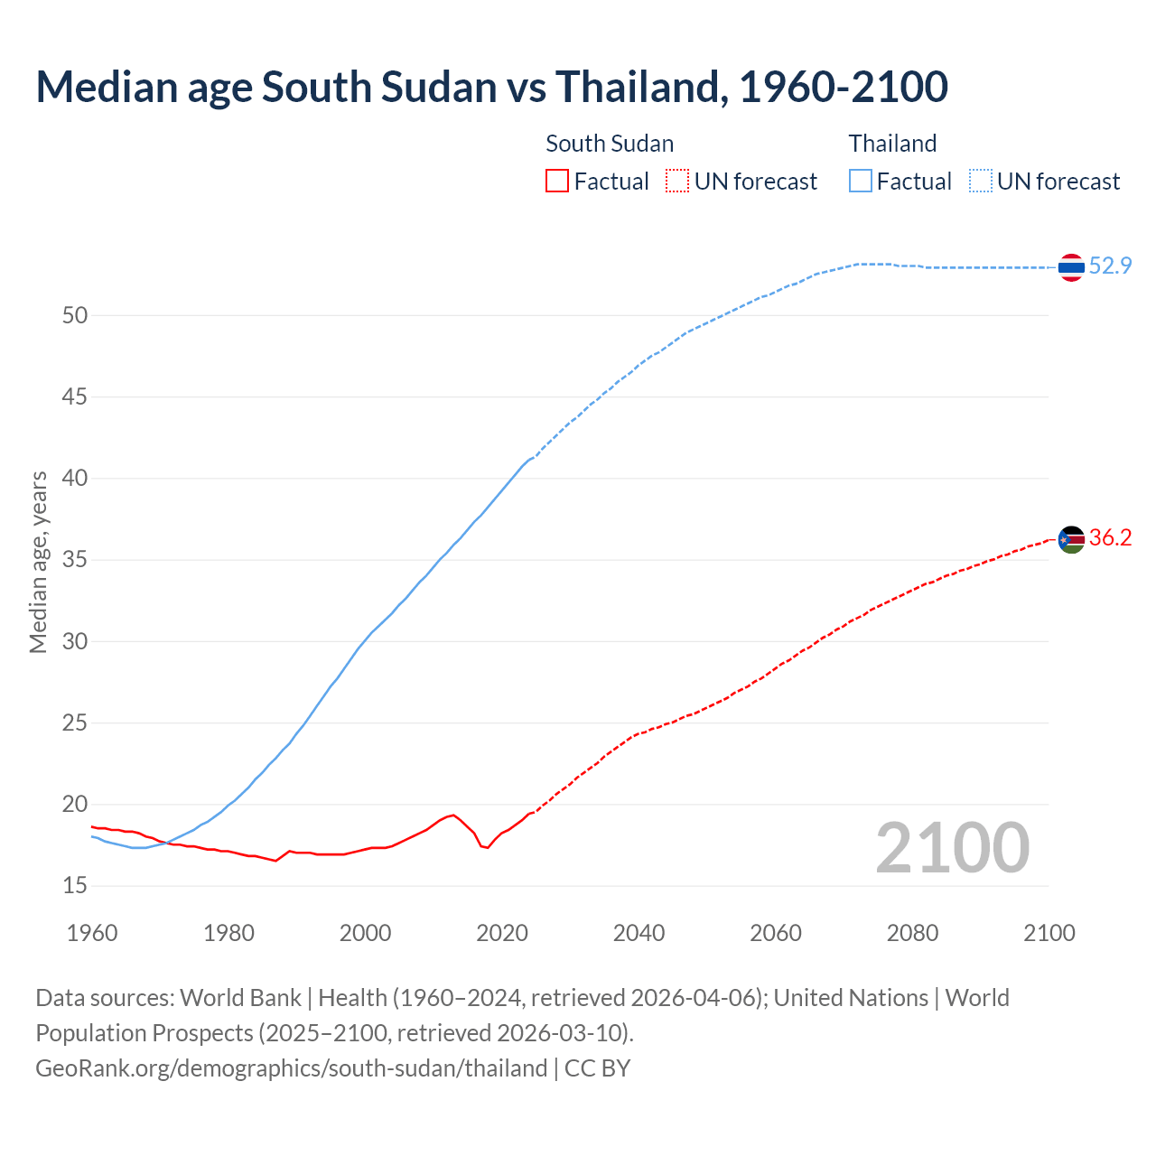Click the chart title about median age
point(491,87)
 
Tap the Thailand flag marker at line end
point(1071,267)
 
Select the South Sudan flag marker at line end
point(1071,540)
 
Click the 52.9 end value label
point(1110,266)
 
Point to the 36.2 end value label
point(1110,538)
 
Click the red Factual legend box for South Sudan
point(557,182)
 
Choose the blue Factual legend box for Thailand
point(861,182)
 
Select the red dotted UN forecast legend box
point(677,182)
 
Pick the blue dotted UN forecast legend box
point(981,182)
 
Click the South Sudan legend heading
point(610,144)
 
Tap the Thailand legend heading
point(892,144)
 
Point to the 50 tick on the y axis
point(75,315)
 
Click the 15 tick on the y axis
point(75,886)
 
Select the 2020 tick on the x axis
point(502,933)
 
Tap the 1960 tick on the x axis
point(92,933)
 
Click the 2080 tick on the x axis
point(912,933)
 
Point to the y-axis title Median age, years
point(38,562)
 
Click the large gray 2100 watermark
point(952,847)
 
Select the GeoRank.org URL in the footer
point(291,1068)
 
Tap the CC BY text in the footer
point(597,1068)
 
